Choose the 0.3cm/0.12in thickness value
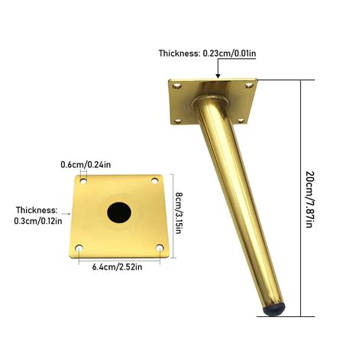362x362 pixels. coord(36,221)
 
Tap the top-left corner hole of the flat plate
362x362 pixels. coord(82,182)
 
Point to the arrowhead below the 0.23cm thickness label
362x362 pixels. coord(219,76)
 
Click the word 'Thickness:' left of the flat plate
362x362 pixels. coord(37,209)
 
